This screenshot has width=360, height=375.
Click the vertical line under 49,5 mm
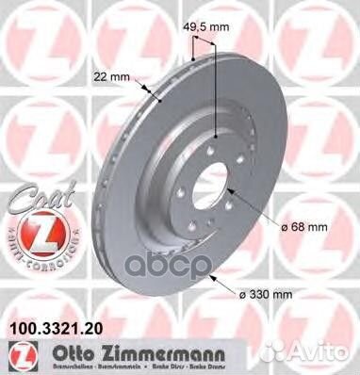[217, 94]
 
